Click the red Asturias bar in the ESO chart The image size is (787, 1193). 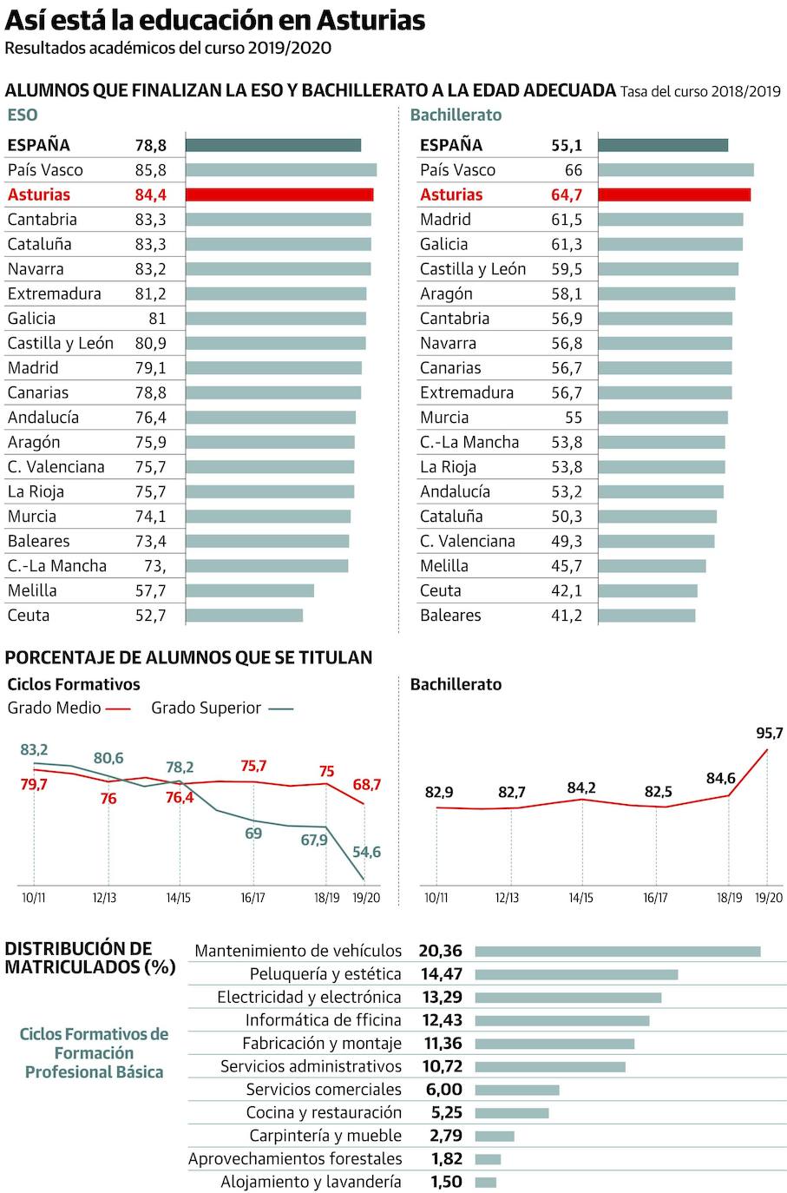coord(279,194)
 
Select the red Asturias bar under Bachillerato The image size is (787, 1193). coord(674,194)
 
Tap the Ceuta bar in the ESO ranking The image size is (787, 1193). coord(244,616)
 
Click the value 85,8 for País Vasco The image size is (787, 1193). coord(150,170)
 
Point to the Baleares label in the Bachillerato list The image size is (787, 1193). coord(450,616)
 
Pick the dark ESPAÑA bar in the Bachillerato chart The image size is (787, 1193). coord(663,145)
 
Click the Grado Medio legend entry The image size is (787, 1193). coord(69,709)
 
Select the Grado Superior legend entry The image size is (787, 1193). coord(221,709)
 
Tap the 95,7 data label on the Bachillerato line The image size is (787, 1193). coord(769,734)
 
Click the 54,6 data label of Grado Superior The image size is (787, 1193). coord(366,852)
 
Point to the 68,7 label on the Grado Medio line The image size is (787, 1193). coord(366,785)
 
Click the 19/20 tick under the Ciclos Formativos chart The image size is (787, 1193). coord(366,898)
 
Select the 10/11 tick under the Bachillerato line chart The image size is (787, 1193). coord(436,898)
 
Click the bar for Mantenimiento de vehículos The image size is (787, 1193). coord(617,952)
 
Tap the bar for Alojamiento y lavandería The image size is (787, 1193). coord(486,1182)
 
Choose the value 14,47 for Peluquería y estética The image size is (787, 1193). coord(442,974)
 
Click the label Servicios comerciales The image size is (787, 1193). coord(323,1090)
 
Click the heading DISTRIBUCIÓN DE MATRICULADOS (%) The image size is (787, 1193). coord(90,958)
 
